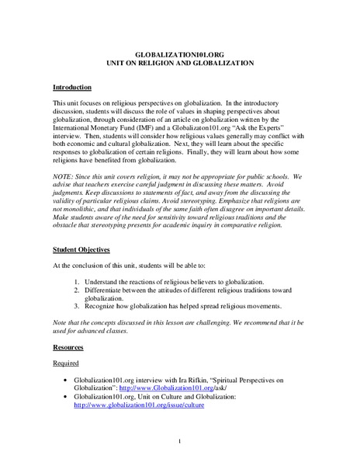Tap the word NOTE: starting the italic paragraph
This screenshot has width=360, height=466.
click(x=64, y=178)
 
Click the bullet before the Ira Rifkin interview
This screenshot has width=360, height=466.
click(x=71, y=378)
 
